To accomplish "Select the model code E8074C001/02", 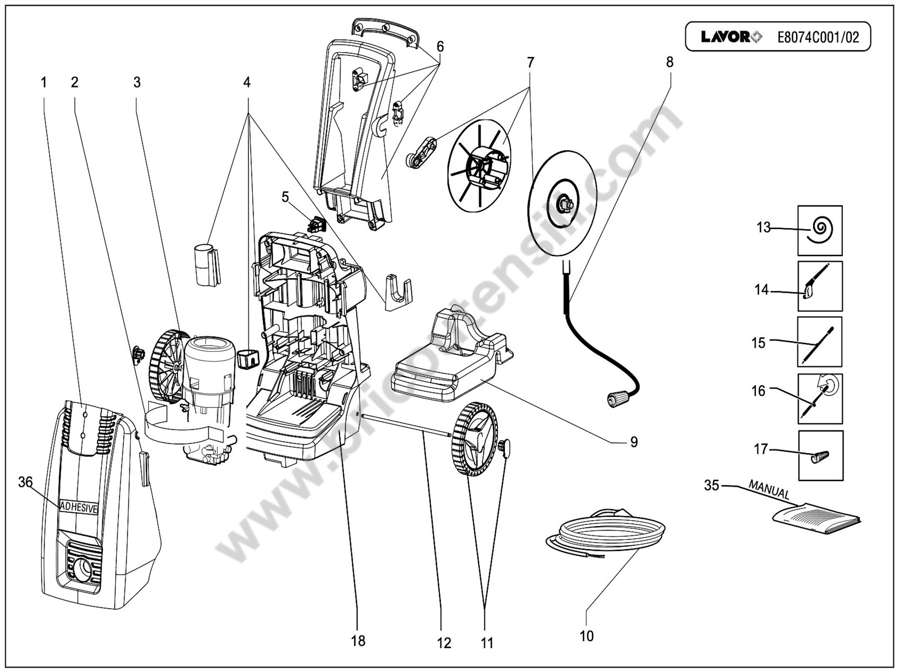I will [818, 37].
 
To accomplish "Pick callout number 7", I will [530, 63].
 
